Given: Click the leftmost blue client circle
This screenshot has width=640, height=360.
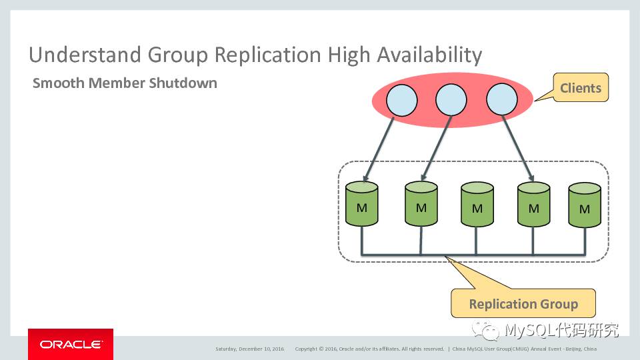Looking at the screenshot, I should tap(401, 101).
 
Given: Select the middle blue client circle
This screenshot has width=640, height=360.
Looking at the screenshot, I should tap(451, 101).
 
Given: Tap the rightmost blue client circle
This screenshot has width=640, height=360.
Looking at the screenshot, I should tap(502, 101).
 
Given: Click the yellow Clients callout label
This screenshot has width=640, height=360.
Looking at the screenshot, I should tap(580, 88).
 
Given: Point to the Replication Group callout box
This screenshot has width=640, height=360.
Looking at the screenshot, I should tap(523, 304).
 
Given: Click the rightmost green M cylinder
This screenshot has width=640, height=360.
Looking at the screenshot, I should tap(585, 206).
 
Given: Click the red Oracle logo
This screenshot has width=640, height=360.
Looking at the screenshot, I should tap(71, 344).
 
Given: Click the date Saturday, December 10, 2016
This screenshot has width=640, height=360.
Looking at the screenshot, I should tap(249, 349).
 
